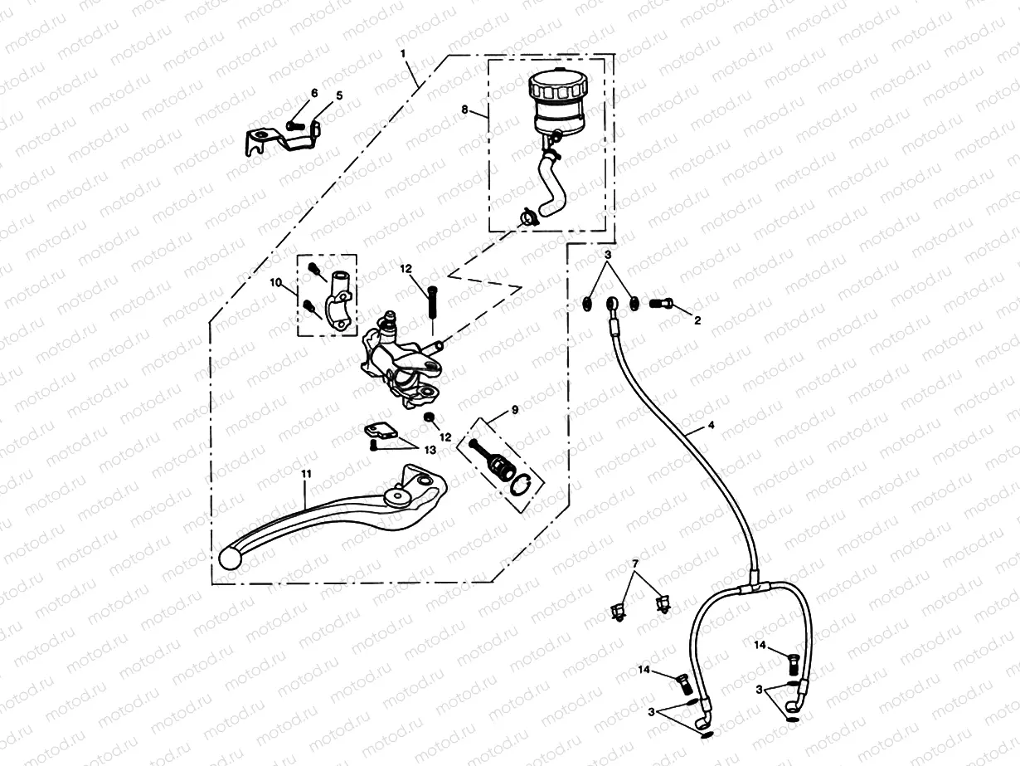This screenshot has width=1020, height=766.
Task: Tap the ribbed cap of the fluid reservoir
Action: point(557,85)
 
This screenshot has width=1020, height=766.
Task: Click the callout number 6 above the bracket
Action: point(314,93)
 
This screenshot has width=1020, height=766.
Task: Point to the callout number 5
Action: point(339,96)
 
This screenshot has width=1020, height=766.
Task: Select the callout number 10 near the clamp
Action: point(276,283)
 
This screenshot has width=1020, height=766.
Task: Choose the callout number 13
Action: point(429,449)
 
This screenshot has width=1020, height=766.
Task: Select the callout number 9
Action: point(514,410)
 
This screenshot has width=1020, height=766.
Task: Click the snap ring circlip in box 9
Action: point(521,487)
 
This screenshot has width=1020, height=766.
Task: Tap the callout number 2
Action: point(697,320)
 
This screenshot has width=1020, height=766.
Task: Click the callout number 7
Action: point(636,564)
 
